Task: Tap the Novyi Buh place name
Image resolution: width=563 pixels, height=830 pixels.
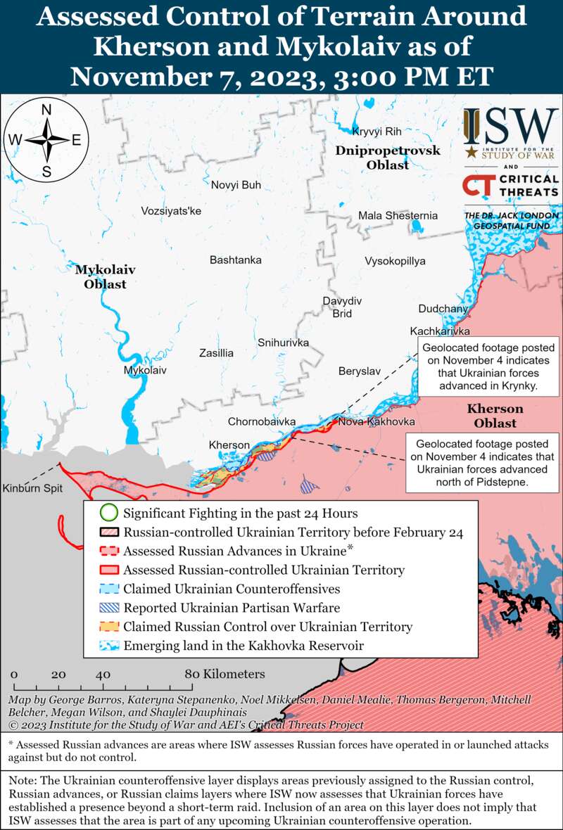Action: [236, 185]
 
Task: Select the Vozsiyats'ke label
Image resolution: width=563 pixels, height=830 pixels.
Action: [171, 211]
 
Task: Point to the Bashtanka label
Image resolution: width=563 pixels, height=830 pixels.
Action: [236, 260]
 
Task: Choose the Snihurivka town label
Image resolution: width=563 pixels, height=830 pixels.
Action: [284, 343]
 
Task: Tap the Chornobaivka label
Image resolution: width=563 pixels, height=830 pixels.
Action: [261, 422]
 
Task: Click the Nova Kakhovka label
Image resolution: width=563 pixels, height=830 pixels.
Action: [376, 422]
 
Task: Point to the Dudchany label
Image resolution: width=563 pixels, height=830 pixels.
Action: [443, 309]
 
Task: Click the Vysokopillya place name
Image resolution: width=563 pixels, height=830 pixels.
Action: [395, 261]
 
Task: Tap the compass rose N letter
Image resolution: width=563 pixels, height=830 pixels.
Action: [46, 110]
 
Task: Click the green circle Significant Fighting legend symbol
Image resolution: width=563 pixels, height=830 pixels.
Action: [108, 513]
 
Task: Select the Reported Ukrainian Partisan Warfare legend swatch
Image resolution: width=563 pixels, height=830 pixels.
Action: [108, 608]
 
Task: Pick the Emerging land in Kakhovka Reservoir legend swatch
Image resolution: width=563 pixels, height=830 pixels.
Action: [108, 646]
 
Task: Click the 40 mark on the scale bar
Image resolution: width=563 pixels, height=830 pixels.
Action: [103, 675]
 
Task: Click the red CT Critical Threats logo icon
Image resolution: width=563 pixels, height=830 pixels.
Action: [478, 185]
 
